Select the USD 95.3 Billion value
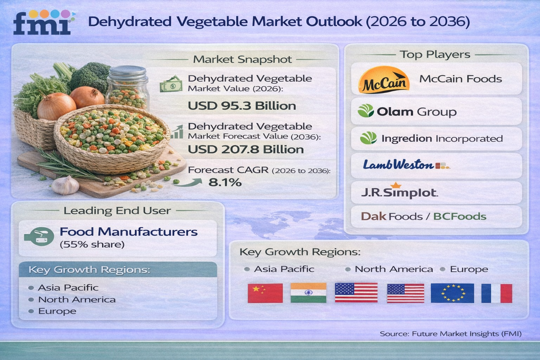pos(242,106)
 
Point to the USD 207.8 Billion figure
pos(246,149)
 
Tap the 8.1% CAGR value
pos(225,182)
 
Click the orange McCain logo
pos(384,79)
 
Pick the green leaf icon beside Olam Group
pos(366,111)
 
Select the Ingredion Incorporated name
pos(442,139)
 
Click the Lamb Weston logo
pos(406,165)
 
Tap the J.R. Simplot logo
pos(399,191)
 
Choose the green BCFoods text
pos(460,216)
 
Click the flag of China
pos(265,293)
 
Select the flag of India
pos(309,293)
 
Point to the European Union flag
pos(452,293)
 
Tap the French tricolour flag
pos(497,293)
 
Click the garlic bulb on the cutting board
pos(65,185)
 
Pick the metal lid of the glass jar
pos(127,72)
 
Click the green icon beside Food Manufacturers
pos(39,237)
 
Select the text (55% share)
pos(92,244)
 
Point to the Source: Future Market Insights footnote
pos(451,334)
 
